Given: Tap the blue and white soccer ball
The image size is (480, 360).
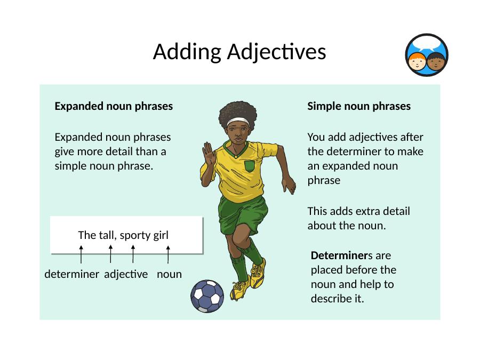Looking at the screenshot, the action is coord(207,296).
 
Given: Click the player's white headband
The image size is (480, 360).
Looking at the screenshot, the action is coord(238,122).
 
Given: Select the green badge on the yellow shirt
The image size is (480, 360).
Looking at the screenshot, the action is coord(250,166).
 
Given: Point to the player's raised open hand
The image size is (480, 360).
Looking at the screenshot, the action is coord(208,154).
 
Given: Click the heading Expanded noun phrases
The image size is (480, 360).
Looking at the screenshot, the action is coord(114,106).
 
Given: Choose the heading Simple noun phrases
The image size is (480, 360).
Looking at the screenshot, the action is coord(359,106).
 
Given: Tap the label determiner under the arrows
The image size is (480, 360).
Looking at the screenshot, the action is coord(71,274).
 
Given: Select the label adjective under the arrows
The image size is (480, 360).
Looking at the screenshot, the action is coord(126,274).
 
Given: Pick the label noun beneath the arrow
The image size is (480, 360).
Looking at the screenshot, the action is coord(169,274).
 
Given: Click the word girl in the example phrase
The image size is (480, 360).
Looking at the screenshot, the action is coord(161,235).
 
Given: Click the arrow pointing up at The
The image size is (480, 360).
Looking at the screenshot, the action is coord(81,254).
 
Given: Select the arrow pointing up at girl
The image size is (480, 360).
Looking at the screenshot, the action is coord(168,254).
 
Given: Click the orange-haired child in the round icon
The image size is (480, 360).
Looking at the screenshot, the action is coord(417,61).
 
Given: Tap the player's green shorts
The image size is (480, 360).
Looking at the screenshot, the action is coord(243,214).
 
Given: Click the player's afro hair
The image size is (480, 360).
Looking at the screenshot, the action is coord(238,113).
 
